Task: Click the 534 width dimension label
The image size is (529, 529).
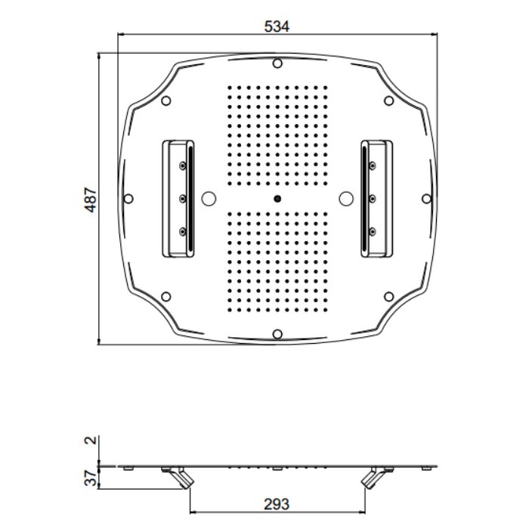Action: tap(277, 26)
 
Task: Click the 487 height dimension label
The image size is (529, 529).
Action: tap(91, 200)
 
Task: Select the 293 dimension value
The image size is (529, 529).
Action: tap(277, 504)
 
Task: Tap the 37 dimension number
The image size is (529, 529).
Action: tap(91, 478)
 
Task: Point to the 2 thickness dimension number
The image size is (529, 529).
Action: tap(91, 440)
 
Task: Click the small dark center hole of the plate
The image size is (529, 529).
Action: tap(277, 199)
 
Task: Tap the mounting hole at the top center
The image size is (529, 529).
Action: tap(277, 63)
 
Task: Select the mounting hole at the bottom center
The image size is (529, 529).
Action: tap(277, 334)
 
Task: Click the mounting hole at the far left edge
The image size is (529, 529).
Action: tap(128, 199)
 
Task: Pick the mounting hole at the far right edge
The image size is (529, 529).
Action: tap(426, 199)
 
